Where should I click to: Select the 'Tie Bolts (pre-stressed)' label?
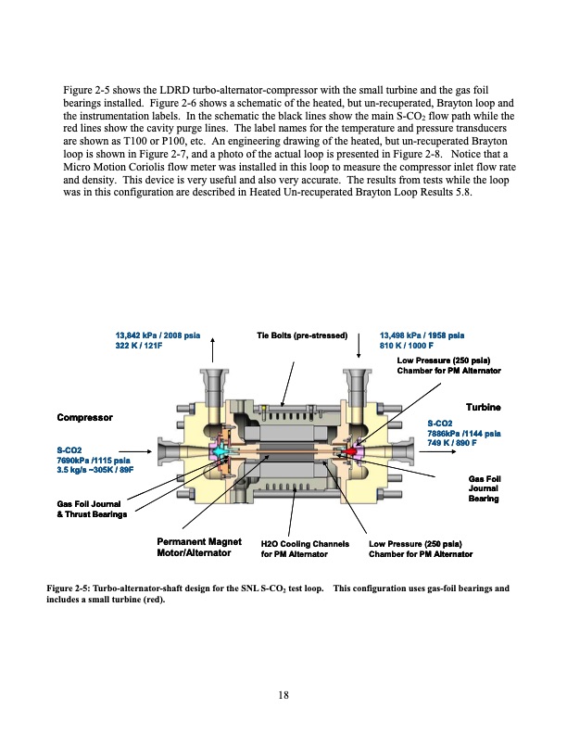301,335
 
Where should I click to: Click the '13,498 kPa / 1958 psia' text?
422,335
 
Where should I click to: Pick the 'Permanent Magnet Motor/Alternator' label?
198,548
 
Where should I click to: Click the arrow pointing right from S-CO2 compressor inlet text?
123,452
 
